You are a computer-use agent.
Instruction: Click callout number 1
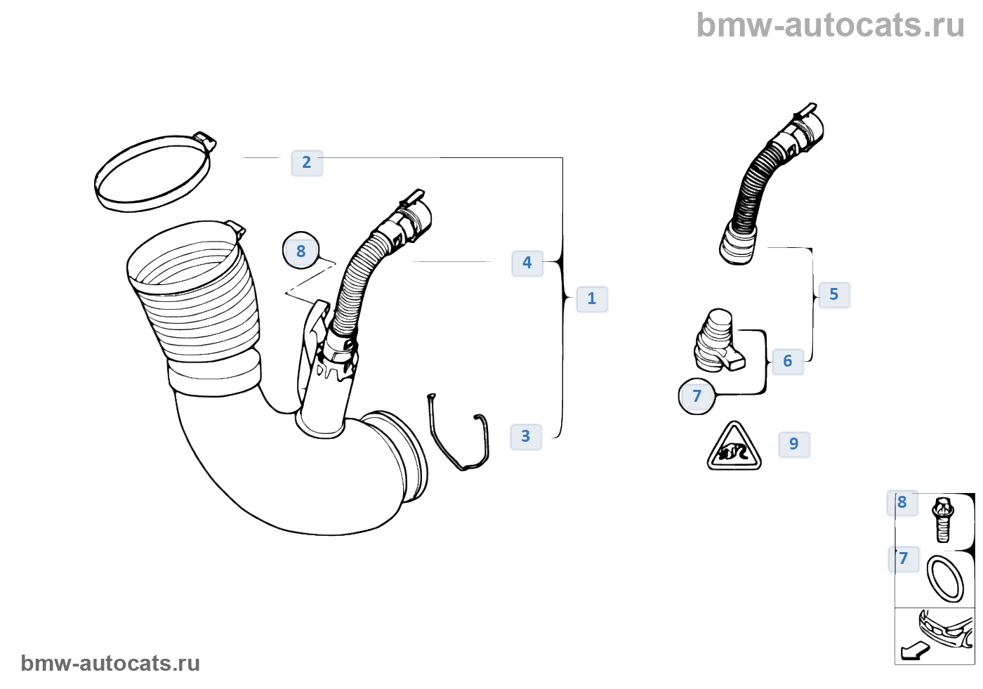click(592, 299)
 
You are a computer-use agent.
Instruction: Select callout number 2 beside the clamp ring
click(307, 163)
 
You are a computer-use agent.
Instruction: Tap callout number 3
click(526, 437)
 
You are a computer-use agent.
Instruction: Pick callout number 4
click(527, 263)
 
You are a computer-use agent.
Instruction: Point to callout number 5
click(834, 295)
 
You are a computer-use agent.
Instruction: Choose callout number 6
click(788, 362)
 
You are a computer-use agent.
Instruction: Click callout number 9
click(794, 445)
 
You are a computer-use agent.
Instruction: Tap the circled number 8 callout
click(301, 251)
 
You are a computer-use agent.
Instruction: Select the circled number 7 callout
click(697, 397)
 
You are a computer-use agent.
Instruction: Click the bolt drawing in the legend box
click(943, 520)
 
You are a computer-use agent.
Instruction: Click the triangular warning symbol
click(734, 448)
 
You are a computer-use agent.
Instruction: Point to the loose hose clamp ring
click(153, 173)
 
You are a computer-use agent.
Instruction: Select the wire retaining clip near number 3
click(460, 435)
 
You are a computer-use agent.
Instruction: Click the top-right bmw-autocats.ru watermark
click(830, 26)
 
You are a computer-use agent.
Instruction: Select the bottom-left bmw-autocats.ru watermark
click(110, 664)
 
